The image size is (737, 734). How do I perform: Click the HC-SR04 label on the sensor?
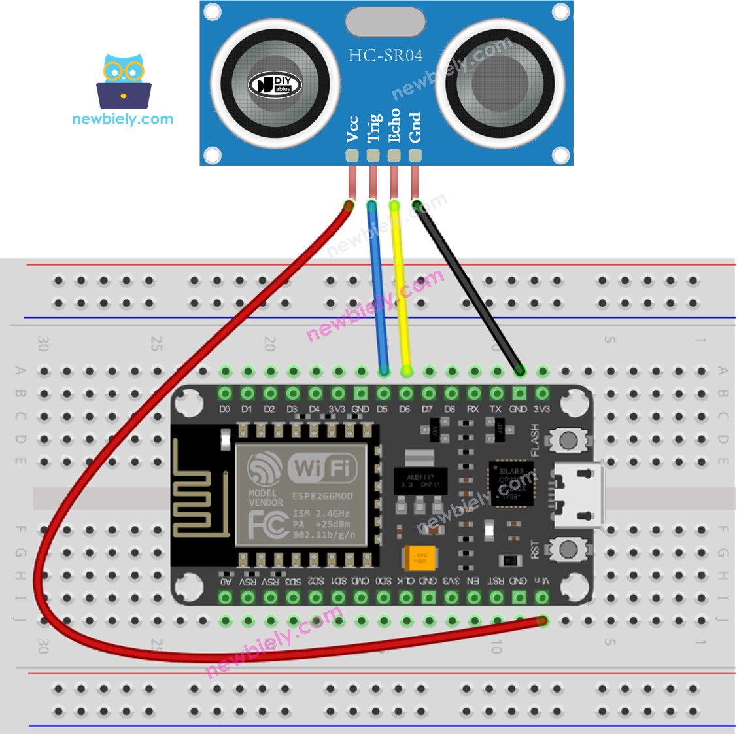(x=385, y=56)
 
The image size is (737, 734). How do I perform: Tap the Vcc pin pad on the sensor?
(x=352, y=156)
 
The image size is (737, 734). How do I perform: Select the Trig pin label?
(x=373, y=128)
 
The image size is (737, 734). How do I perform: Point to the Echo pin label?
(x=394, y=126)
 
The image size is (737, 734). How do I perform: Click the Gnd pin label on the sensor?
(x=415, y=127)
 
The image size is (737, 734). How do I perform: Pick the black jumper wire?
(x=468, y=288)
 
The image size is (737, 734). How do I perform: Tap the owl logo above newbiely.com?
(x=124, y=82)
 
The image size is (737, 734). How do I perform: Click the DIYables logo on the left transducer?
(x=275, y=84)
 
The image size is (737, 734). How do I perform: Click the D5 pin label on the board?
(x=383, y=410)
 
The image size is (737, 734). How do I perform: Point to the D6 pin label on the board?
(x=405, y=410)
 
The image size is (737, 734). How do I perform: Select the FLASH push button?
(x=568, y=440)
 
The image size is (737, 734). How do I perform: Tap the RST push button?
(x=568, y=548)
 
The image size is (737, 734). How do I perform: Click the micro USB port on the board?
(x=579, y=495)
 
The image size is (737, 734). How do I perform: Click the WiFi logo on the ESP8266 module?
(x=322, y=468)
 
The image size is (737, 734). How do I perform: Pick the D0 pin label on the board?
(x=224, y=410)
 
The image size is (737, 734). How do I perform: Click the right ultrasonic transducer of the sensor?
(x=500, y=84)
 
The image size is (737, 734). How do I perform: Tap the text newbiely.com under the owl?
(x=122, y=119)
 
